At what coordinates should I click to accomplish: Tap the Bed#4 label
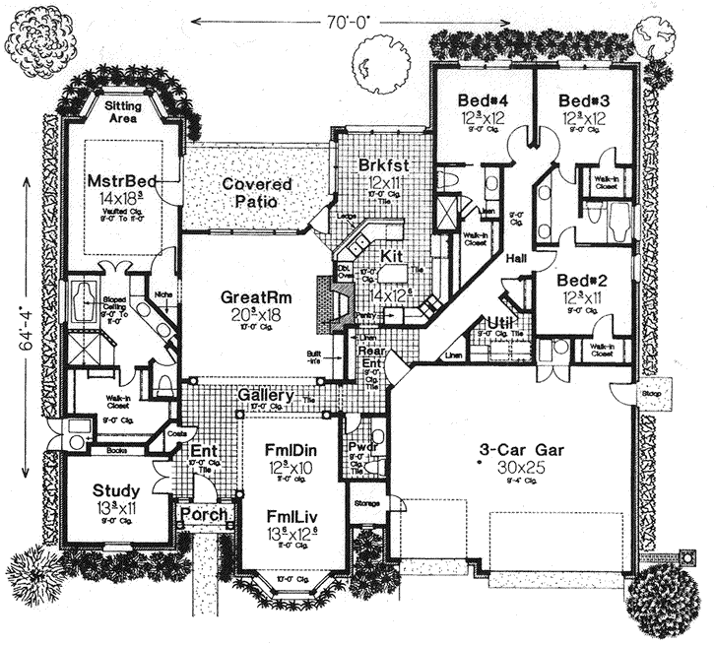click(x=484, y=100)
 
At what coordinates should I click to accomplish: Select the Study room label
click(x=117, y=490)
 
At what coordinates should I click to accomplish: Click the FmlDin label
click(x=289, y=450)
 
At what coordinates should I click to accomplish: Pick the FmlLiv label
click(x=289, y=514)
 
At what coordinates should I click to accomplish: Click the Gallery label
click(x=266, y=396)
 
